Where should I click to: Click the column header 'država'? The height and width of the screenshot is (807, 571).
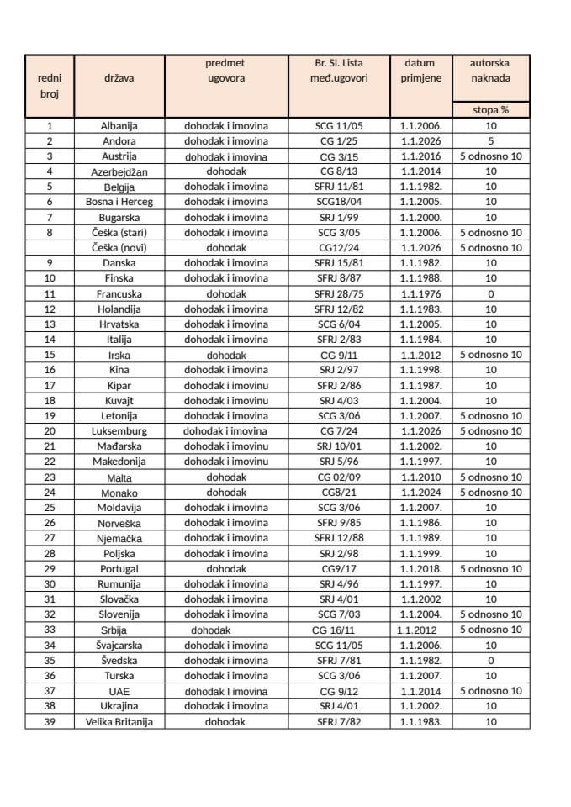(119, 78)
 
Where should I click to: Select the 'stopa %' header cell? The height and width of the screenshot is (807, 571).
(490, 109)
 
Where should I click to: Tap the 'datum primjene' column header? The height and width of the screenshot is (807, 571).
(420, 71)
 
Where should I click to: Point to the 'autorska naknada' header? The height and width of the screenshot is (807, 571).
(490, 71)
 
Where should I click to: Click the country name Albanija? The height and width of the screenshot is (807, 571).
(119, 125)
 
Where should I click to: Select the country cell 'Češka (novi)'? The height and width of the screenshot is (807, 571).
(119, 248)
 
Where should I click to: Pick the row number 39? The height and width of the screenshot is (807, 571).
(50, 721)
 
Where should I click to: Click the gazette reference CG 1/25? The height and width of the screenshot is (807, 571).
(338, 141)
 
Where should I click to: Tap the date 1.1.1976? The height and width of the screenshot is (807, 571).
(420, 294)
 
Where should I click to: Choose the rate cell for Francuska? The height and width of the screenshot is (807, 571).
(490, 294)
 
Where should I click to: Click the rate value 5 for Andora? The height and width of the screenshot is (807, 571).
(490, 141)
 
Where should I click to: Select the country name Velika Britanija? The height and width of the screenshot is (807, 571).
(119, 721)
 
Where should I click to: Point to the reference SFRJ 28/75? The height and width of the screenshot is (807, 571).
(338, 294)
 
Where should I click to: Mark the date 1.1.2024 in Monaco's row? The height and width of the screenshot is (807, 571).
(420, 493)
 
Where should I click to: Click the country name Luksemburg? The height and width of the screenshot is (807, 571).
(119, 431)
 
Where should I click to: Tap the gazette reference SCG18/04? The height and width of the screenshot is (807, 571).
(338, 202)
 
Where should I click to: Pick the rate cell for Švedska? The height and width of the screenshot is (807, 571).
(490, 660)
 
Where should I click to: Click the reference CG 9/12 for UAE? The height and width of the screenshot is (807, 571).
(338, 691)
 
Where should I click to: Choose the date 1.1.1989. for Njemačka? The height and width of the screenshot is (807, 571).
(420, 538)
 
